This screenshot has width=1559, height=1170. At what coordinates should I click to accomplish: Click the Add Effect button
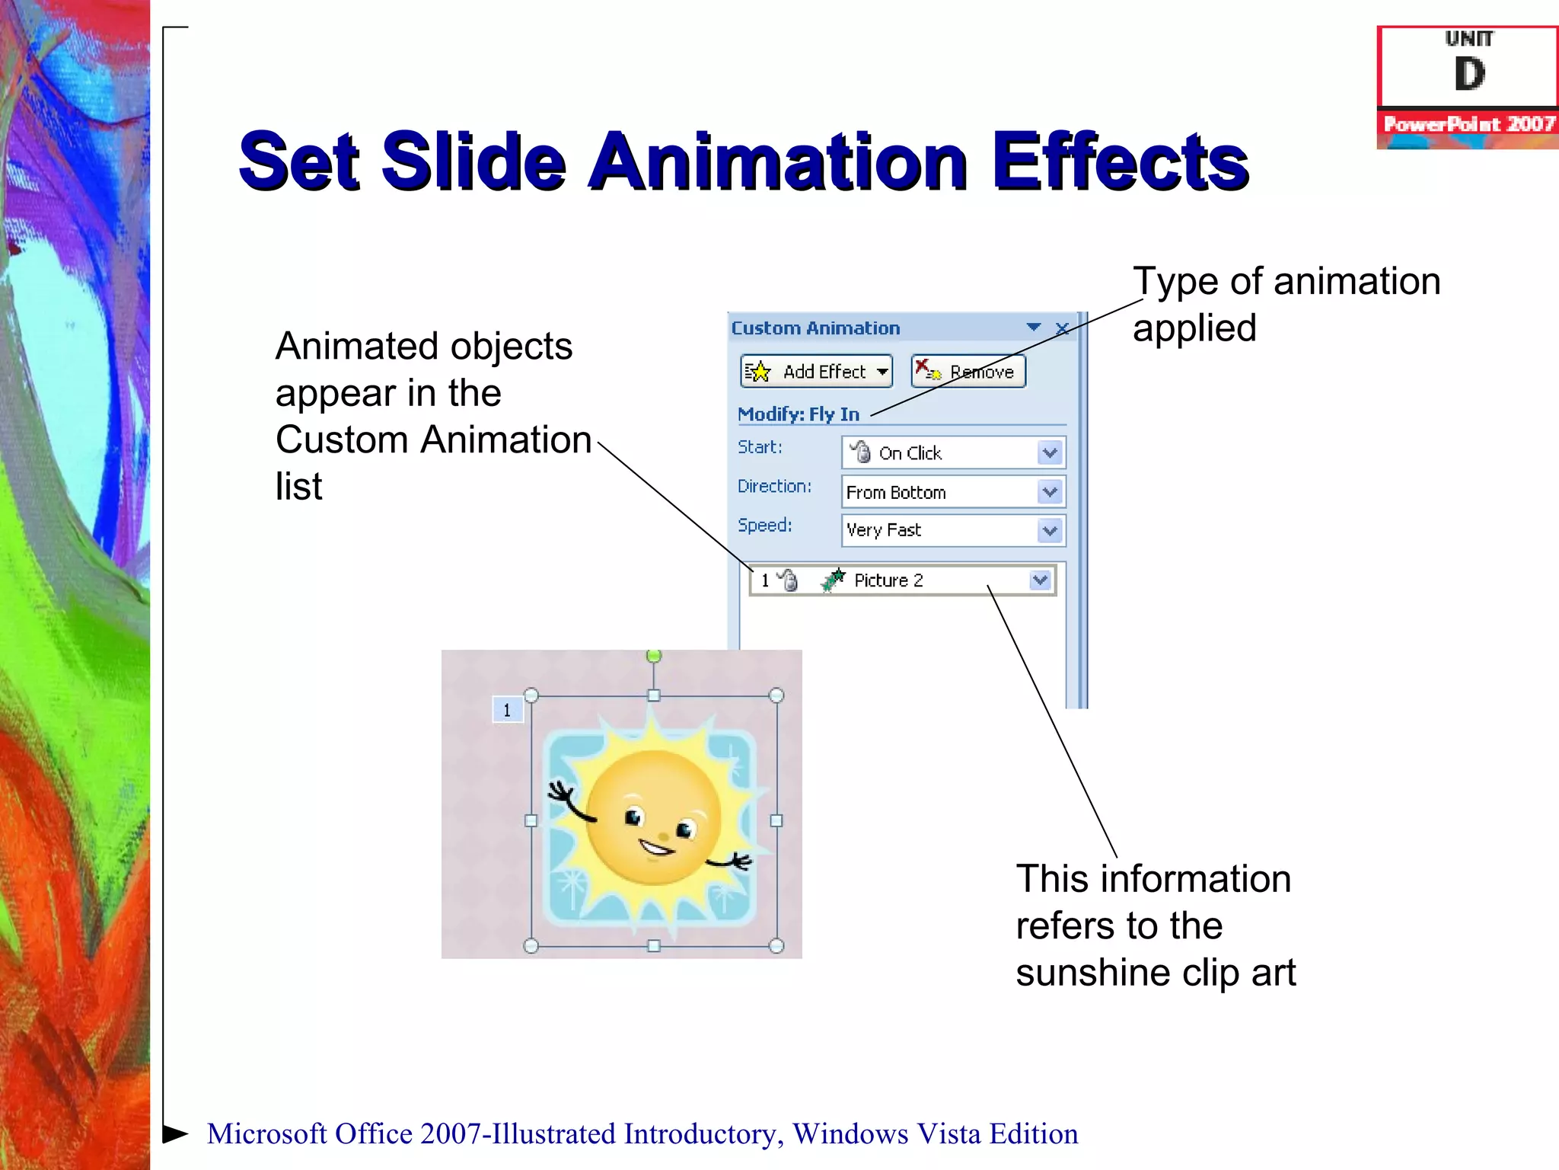815,372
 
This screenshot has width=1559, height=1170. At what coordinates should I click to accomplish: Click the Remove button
968,372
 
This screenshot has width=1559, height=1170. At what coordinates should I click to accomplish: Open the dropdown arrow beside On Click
1050,453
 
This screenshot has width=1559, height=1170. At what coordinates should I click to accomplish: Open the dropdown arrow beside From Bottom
1050,492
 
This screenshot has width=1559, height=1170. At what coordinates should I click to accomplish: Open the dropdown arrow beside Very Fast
1050,530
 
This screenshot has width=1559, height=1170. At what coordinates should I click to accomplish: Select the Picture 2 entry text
888,580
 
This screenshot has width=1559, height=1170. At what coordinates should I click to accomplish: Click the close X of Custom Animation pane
1063,328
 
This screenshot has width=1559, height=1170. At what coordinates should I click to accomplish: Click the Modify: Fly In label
798,414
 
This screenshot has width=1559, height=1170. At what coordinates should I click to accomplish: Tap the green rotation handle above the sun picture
653,656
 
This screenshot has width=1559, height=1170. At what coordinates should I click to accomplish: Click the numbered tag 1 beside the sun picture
507,710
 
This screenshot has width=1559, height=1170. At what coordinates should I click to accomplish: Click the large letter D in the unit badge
1469,75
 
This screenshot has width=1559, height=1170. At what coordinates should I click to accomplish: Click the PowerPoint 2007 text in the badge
1468,124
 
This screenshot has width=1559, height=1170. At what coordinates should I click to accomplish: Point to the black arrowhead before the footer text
175,1133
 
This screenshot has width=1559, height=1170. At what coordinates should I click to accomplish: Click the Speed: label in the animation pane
764,526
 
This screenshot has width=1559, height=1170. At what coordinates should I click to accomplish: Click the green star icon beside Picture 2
834,580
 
